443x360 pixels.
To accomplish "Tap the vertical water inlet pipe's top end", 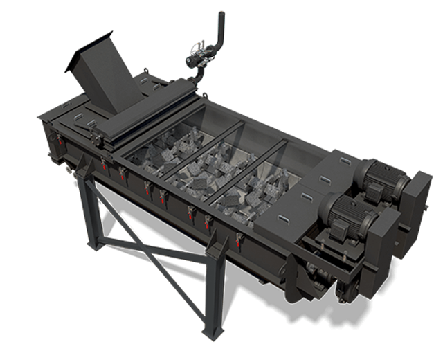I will (x=221, y=15).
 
